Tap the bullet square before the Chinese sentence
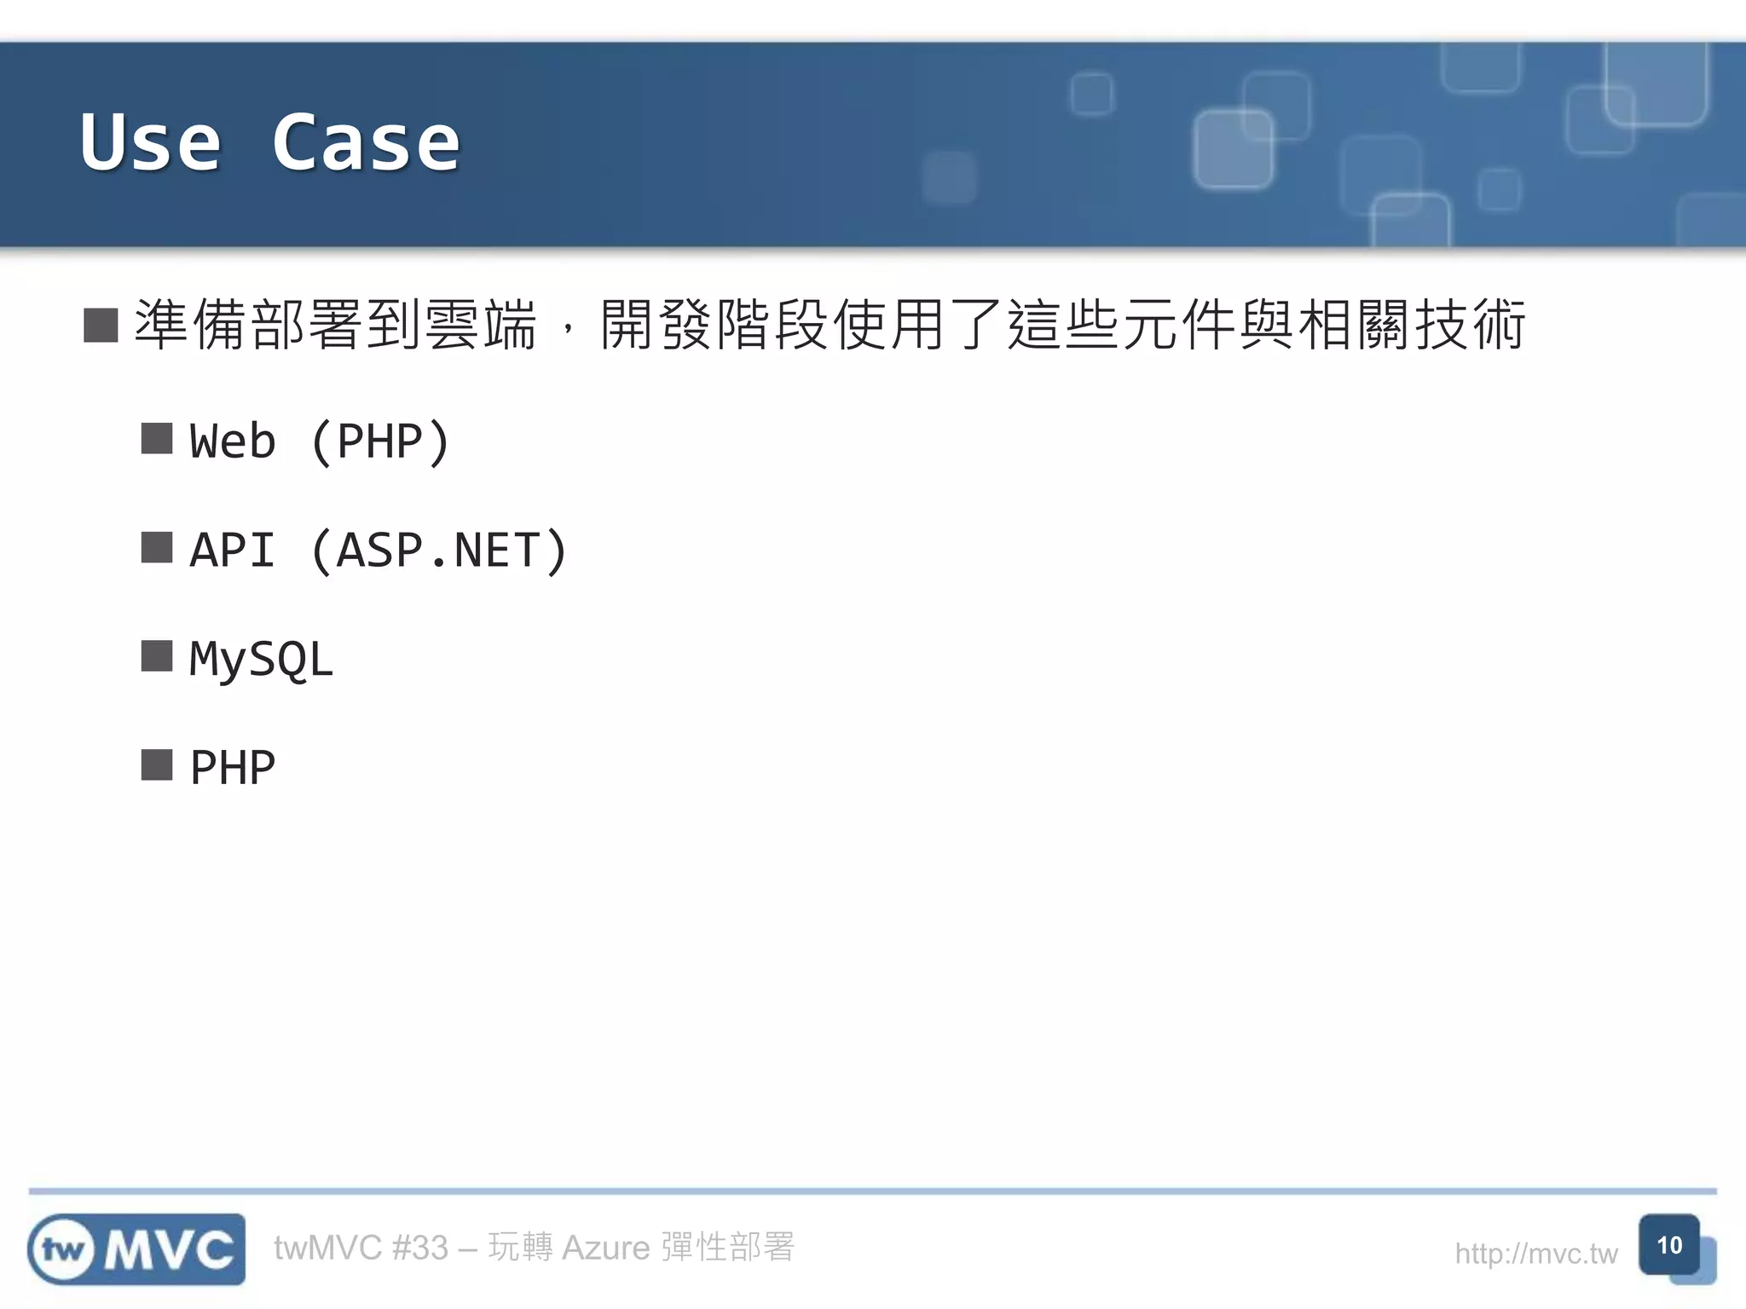(x=101, y=325)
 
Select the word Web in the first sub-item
(x=233, y=441)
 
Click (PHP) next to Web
(x=379, y=441)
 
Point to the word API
(x=233, y=550)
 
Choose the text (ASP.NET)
(x=439, y=550)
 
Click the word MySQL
(x=262, y=660)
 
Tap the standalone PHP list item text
(x=233, y=768)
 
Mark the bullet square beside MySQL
(x=157, y=656)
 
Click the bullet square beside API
(x=157, y=547)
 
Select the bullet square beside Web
(x=157, y=439)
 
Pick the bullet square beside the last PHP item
(x=157, y=765)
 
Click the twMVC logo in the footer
(x=136, y=1249)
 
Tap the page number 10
(x=1669, y=1246)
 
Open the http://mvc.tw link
(x=1536, y=1254)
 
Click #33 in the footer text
(x=420, y=1248)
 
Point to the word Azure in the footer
(x=606, y=1248)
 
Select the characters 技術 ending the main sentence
(x=1470, y=325)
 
